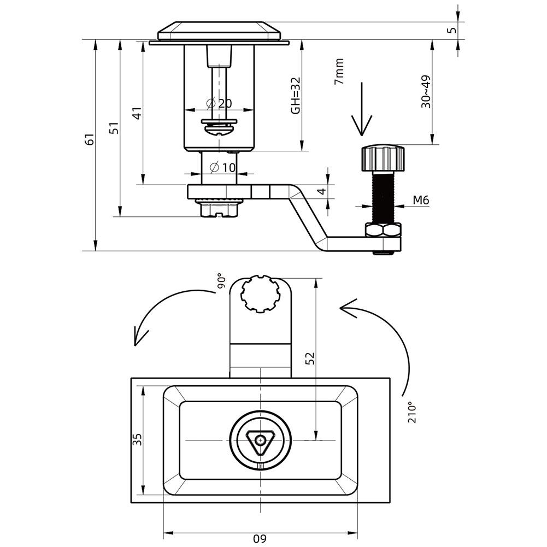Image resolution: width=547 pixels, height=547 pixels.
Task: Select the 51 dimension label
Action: pos(114,128)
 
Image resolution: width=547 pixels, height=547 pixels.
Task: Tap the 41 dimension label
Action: pos(138,113)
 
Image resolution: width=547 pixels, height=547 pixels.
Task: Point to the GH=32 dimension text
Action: pos(295,95)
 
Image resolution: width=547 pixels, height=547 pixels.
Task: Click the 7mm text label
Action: pos(339,71)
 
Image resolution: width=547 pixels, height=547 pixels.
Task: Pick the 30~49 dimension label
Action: pos(426,92)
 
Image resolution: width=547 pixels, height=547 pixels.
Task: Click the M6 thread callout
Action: pos(421,201)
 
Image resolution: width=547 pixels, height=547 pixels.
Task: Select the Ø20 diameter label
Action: pos(219,103)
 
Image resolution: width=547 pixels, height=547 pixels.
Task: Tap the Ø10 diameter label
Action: pos(223,167)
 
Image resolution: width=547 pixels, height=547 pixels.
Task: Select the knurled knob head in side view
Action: pos(383,158)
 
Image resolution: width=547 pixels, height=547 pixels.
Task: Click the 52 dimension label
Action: pos(310,358)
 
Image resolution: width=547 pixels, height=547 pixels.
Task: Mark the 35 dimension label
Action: pos(137,440)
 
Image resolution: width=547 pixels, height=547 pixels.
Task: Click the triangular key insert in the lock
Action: pos(260,440)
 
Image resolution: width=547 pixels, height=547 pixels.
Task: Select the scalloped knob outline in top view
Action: pos(261,293)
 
